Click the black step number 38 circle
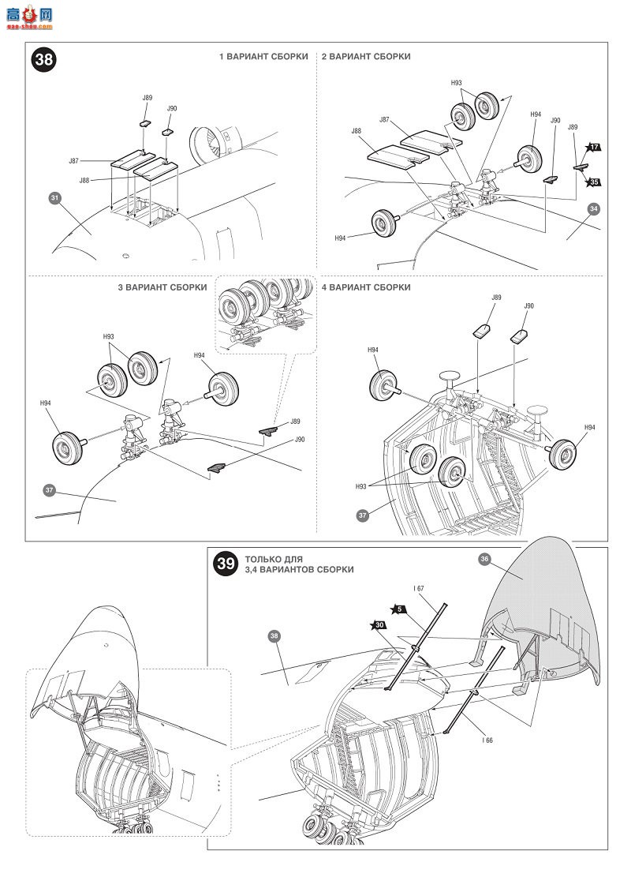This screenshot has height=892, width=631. (x=43, y=60)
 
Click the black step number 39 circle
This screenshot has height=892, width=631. (x=226, y=564)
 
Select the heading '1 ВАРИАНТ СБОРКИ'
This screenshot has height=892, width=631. (x=263, y=57)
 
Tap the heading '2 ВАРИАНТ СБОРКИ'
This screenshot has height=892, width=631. (x=366, y=57)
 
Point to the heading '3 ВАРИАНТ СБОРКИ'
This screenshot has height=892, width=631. (x=162, y=288)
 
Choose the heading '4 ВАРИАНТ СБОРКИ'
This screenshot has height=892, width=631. (x=366, y=288)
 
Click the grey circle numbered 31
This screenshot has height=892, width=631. (x=54, y=198)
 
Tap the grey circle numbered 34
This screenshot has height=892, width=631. (x=594, y=208)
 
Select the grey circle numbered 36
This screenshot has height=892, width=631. (x=484, y=559)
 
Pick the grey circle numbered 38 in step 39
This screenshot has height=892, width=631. (x=274, y=636)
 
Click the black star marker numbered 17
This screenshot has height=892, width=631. (x=593, y=148)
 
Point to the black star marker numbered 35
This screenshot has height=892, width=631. (x=593, y=182)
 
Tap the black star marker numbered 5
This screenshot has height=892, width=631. (x=399, y=609)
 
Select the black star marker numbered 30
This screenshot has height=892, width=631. (x=379, y=625)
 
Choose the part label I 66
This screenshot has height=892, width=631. (x=487, y=740)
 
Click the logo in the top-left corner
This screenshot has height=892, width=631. (x=29, y=17)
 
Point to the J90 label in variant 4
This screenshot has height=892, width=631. (x=529, y=306)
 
